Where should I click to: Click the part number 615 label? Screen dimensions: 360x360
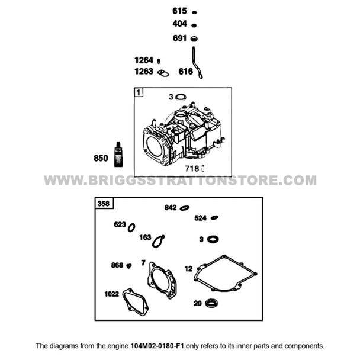[x=179, y=11]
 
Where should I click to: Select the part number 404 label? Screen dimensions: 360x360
[x=179, y=24]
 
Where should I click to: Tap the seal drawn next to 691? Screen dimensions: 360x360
[x=194, y=38]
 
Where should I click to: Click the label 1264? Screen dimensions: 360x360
[x=144, y=60]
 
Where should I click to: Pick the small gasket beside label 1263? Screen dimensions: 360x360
[x=163, y=73]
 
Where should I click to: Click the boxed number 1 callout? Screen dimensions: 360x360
[x=138, y=92]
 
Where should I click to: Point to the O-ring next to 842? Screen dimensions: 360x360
[x=185, y=208]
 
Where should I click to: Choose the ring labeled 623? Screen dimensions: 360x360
[x=131, y=227]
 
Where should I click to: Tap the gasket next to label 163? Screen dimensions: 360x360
[x=159, y=241]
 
